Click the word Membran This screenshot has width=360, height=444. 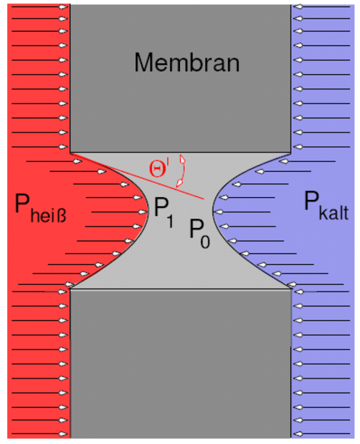tap(187, 63)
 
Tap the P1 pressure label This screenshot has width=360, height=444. tap(164, 212)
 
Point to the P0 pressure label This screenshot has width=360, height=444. tap(199, 234)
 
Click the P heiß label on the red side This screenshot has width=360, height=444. tap(40, 208)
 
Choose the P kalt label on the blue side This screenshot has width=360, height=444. tap(326, 205)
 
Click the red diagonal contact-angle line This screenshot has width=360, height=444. tap(138, 176)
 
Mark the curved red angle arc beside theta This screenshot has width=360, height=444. tap(181, 171)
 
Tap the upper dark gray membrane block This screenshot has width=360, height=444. tap(181, 78)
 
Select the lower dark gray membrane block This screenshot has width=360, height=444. tap(181, 363)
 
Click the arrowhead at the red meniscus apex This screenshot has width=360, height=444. tap(143, 212)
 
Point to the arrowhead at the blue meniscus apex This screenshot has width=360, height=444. tap(218, 212)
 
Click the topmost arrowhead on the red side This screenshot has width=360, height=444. tap(63, 6)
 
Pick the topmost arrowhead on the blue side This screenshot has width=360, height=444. tap(298, 6)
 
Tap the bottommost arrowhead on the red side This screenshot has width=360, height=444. tap(63, 433)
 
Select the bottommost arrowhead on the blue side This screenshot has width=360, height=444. tap(298, 433)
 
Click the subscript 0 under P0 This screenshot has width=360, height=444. tap(205, 242)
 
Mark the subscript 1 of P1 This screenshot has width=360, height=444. tap(170, 222)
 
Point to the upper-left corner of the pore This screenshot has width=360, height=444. tap(71, 153)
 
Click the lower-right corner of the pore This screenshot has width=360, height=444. tap(291, 289)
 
